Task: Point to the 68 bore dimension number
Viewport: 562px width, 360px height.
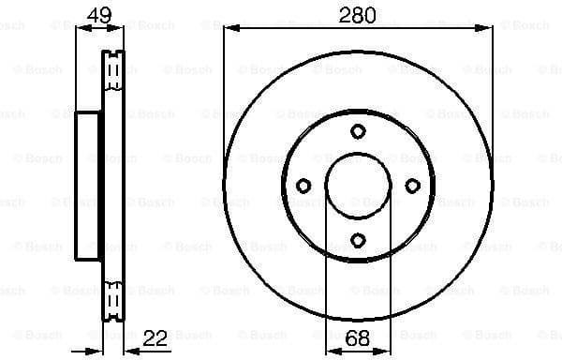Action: pos(357,339)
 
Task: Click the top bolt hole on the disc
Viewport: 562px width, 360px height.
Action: pos(358,131)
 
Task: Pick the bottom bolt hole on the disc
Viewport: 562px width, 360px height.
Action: pos(358,240)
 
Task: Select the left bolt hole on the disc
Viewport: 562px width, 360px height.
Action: pos(303,186)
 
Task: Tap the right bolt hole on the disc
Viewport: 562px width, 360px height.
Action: pos(412,186)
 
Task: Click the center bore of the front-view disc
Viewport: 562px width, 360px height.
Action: pos(358,186)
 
